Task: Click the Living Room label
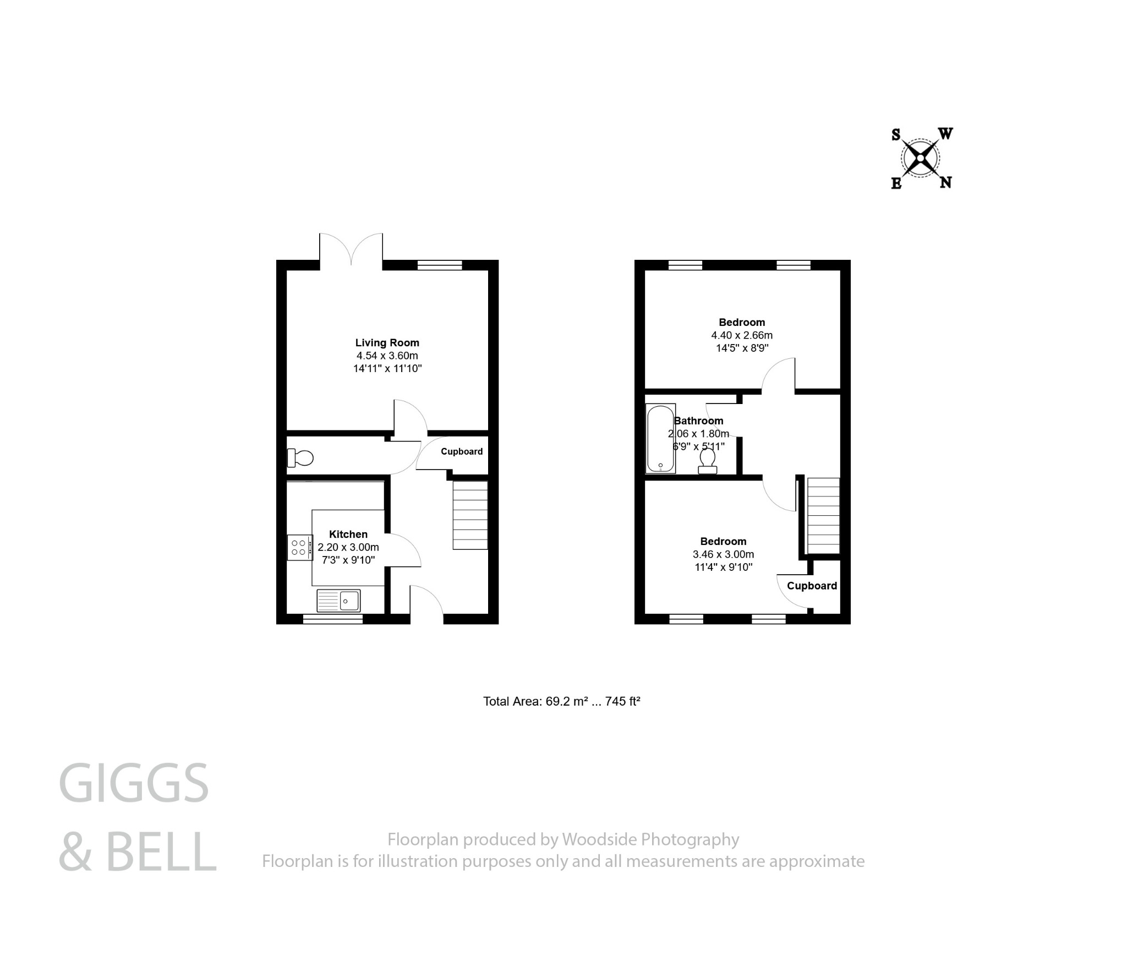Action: coord(387,342)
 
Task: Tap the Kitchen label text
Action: coord(348,534)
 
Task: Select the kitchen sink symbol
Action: coord(338,601)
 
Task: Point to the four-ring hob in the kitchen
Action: coord(299,548)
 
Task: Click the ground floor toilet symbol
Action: coord(300,457)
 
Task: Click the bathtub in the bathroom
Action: coord(660,439)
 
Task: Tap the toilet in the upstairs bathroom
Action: coord(707,461)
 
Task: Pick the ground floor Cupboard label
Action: coord(461,451)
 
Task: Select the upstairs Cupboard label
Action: coord(811,586)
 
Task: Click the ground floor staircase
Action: coord(470,515)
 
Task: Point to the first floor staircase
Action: coord(823,516)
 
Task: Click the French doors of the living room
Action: coord(351,250)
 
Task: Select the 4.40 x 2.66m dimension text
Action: coord(741,335)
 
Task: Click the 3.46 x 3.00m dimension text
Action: coord(723,554)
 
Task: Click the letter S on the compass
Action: coord(896,135)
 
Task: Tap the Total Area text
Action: coord(561,701)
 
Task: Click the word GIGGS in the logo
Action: coord(134,783)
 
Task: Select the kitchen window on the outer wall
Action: coord(332,619)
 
